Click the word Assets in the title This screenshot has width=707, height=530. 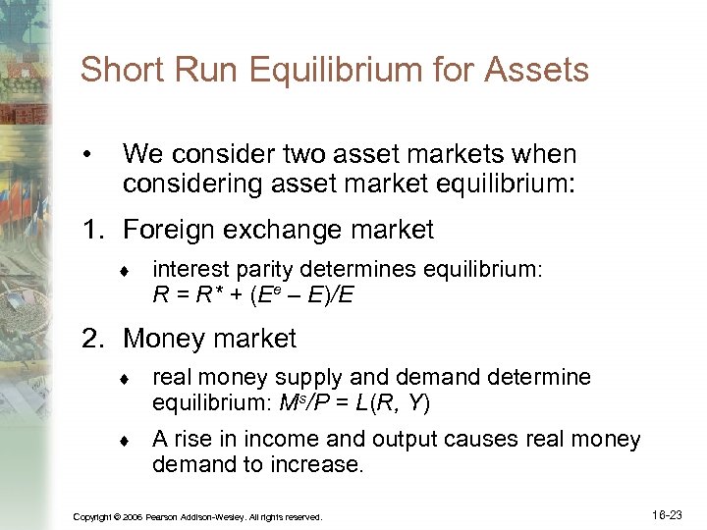[541, 71]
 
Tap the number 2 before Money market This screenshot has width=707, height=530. [91, 340]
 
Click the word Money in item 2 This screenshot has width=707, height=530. [163, 340]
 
